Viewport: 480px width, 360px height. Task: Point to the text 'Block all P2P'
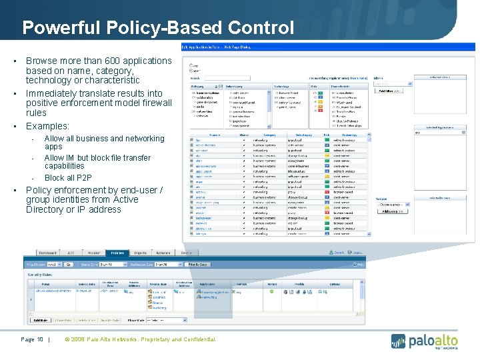68,178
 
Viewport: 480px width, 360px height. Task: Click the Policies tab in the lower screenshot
117,253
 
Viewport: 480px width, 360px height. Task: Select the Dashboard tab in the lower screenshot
47,253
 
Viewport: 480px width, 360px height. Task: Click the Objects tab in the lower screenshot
140,253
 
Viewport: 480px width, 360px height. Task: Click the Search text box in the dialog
220,78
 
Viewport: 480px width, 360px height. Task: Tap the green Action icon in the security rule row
271,291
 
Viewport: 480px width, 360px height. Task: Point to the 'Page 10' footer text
32,340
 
